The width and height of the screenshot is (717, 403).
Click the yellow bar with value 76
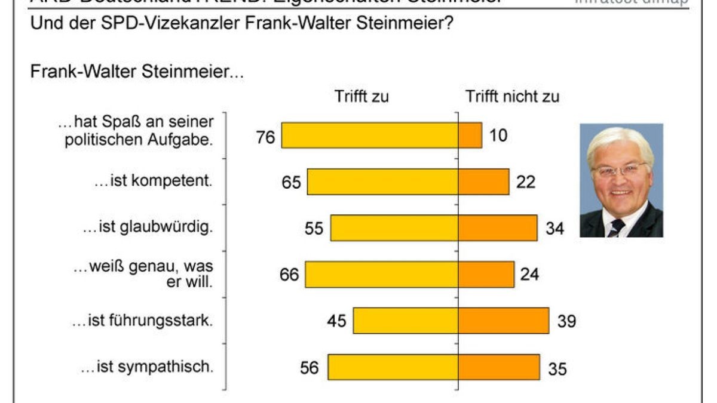click(370, 135)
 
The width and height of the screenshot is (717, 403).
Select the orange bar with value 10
click(470, 135)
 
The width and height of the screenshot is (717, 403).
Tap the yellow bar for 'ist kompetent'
click(382, 181)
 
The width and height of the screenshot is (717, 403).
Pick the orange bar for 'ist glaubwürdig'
click(498, 228)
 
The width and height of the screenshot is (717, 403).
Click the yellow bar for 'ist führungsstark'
click(406, 321)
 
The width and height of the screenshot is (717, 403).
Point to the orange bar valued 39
click(504, 321)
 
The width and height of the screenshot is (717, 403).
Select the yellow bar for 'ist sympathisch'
click(393, 367)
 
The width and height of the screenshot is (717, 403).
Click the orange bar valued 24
click(486, 274)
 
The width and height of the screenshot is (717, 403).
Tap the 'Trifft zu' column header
click(361, 96)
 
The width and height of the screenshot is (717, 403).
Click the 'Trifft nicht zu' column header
click(512, 96)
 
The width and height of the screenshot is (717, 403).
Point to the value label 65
click(292, 182)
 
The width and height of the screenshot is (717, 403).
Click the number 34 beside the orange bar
click(554, 229)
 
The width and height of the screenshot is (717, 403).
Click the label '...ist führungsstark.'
click(142, 321)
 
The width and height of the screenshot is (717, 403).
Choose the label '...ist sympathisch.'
click(146, 367)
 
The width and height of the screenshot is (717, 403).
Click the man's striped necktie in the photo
click(616, 227)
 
